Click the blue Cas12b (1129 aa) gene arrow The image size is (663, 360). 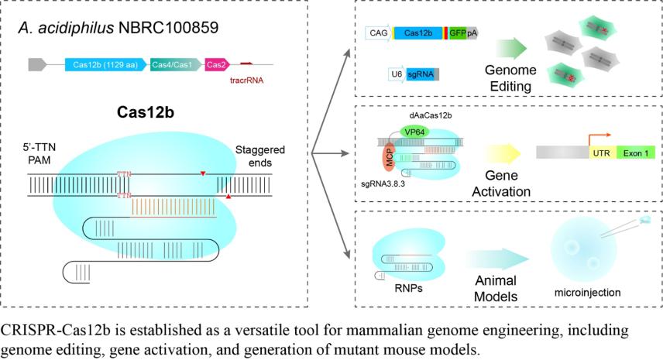tap(107, 64)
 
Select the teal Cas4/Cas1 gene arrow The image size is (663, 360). tap(174, 64)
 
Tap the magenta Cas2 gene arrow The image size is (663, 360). tap(216, 64)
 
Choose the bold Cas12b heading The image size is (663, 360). tap(144, 111)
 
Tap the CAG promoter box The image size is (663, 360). tap(378, 33)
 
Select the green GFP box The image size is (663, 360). tap(457, 33)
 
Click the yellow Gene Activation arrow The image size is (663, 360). tap(504, 154)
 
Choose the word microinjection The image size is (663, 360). tap(587, 293)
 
